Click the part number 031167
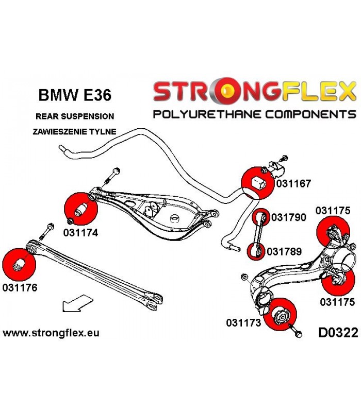click(293, 183)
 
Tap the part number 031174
click(80, 233)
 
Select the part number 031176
click(20, 287)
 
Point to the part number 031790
click(289, 217)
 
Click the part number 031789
click(284, 251)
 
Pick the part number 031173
click(243, 323)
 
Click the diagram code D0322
click(338, 333)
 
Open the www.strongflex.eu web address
click(51, 333)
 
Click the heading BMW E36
click(75, 95)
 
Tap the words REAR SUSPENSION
click(75, 116)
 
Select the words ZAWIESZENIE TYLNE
click(74, 131)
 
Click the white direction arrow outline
click(77, 303)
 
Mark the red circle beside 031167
click(257, 183)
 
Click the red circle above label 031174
click(81, 209)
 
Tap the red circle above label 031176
click(19, 264)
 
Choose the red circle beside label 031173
click(281, 315)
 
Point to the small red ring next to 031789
click(255, 252)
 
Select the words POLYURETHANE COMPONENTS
click(254, 114)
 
